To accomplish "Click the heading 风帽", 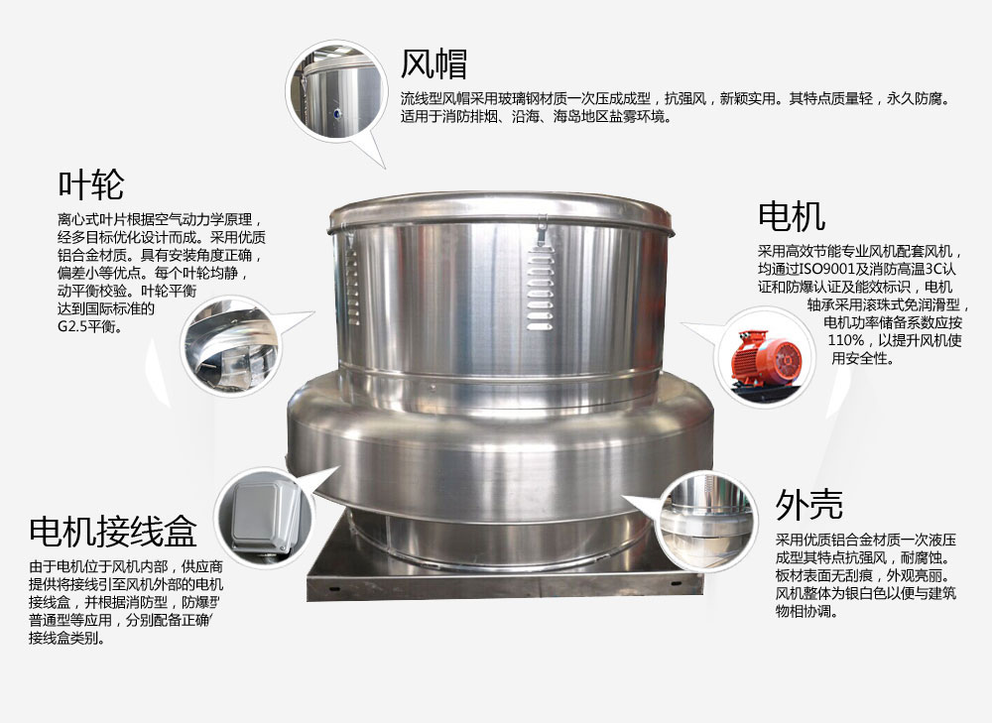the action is point(434,63).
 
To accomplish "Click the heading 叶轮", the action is point(91,184).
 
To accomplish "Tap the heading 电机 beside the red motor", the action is point(792,215).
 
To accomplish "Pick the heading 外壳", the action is point(809,504).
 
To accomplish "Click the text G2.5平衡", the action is point(90,327).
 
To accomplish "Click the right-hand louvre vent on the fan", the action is point(540,288).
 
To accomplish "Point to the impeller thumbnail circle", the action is point(230,347).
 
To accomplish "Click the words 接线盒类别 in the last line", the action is point(62,638).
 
